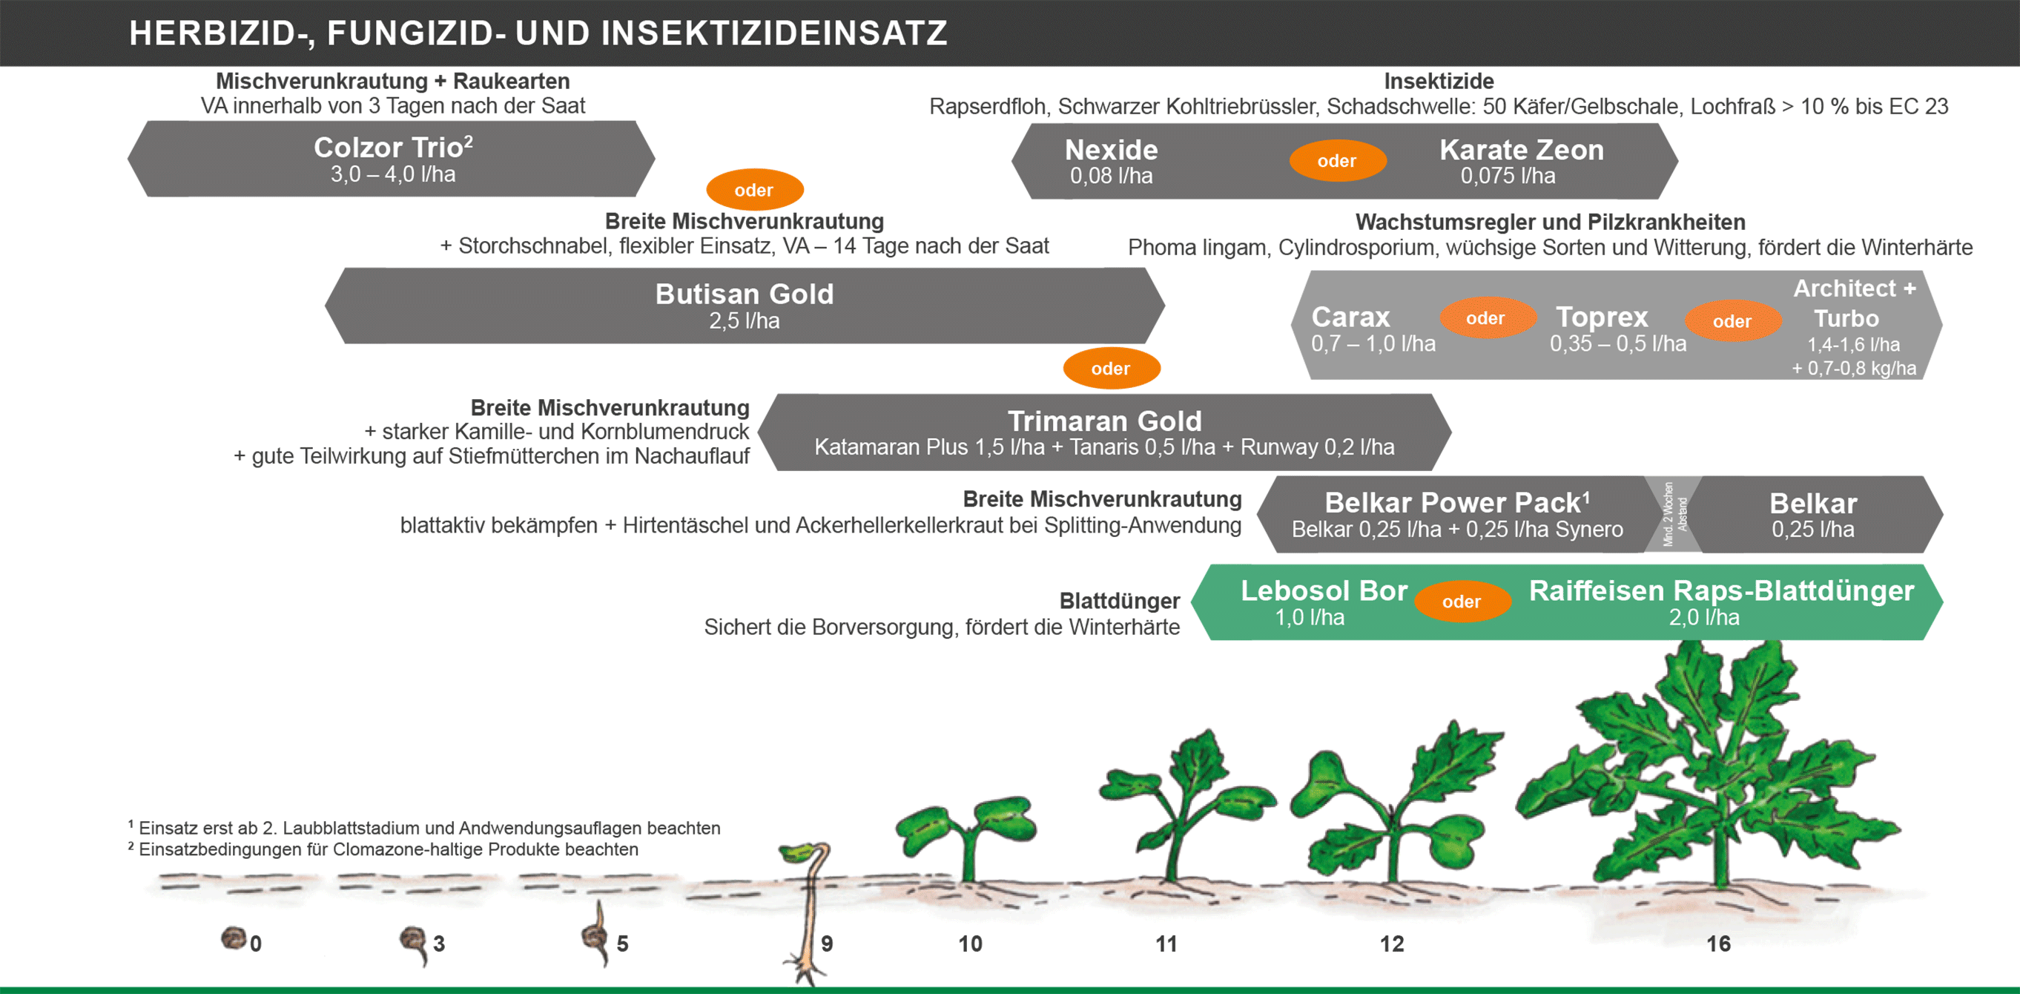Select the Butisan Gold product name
[745, 294]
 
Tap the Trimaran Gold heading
[1104, 421]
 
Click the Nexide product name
[1111, 150]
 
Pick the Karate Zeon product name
[1521, 150]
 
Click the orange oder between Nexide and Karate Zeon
[1337, 161]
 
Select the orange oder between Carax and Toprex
[1485, 318]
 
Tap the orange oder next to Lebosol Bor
[1462, 602]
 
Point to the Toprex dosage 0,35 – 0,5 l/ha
[1618, 343]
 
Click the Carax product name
[1350, 317]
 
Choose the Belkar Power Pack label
[1457, 502]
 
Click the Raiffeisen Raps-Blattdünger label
[1721, 590]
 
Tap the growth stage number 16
[1718, 944]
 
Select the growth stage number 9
[827, 944]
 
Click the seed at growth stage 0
[233, 938]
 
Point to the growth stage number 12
[1392, 944]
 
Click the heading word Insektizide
[1438, 81]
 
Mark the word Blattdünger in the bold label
[1119, 601]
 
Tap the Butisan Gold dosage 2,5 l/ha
[745, 321]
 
